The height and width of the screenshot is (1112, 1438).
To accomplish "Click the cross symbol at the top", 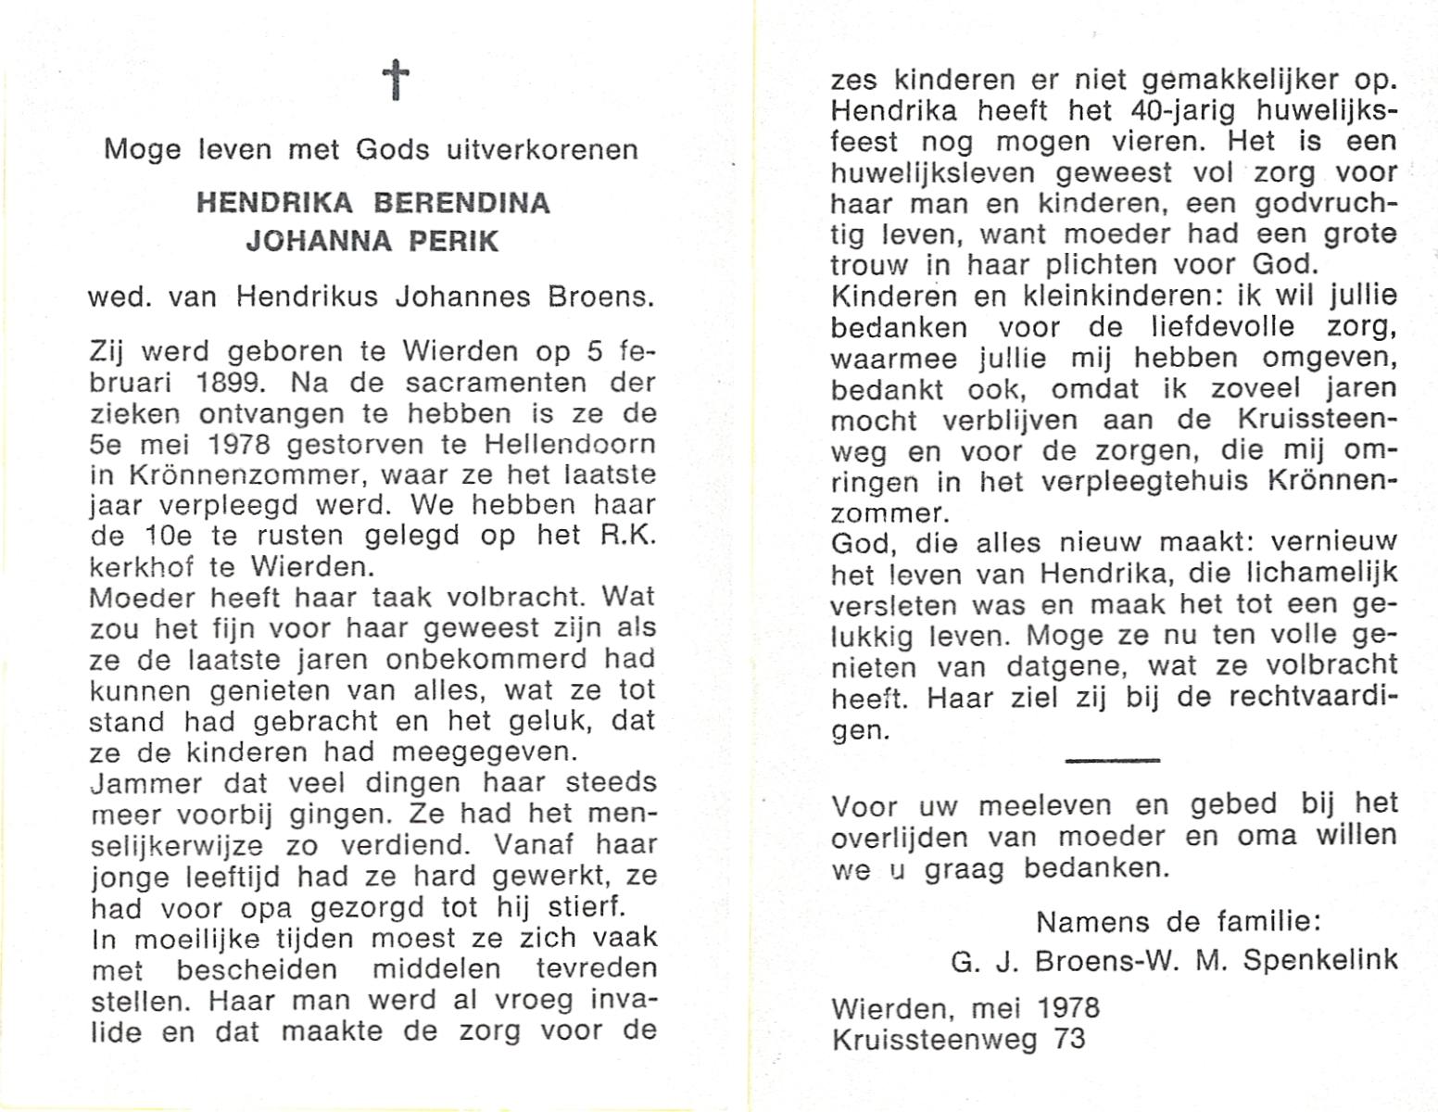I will point(396,80).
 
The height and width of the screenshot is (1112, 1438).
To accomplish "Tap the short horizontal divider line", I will point(1112,761).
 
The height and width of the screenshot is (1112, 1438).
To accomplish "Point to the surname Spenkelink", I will point(1319,960).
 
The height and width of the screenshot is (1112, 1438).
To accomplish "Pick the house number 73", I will point(1068,1039).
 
